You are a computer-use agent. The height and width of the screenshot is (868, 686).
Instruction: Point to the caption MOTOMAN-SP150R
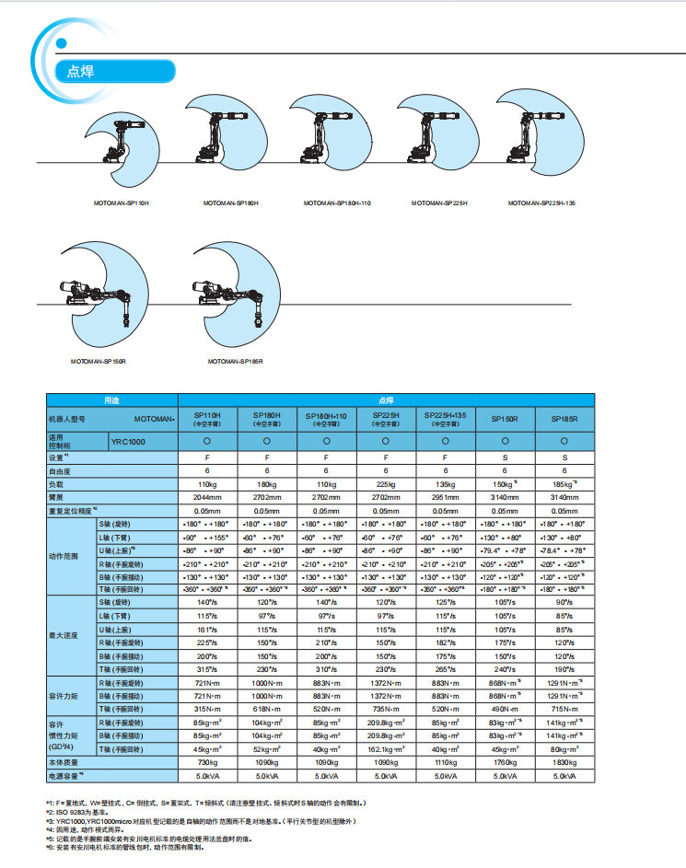pyautogui.click(x=98, y=362)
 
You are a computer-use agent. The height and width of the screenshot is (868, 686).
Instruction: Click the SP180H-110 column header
pyautogui.click(x=326, y=419)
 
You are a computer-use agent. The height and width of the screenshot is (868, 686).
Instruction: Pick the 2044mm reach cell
pyautogui.click(x=207, y=496)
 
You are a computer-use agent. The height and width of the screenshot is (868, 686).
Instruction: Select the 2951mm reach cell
pyautogui.click(x=445, y=496)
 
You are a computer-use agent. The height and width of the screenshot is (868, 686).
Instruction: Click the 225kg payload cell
pyautogui.click(x=385, y=483)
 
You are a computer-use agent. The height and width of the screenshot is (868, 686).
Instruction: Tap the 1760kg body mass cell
pyautogui.click(x=505, y=763)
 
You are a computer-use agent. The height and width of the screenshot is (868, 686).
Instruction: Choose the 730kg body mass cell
pyautogui.click(x=207, y=763)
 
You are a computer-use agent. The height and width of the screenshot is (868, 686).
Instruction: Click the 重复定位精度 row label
pyautogui.click(x=76, y=509)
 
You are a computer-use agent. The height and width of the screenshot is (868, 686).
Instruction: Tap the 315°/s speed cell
pyautogui.click(x=207, y=669)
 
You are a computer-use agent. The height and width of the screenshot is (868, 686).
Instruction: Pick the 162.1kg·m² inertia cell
pyautogui.click(x=385, y=749)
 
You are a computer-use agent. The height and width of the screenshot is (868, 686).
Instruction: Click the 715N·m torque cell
pyautogui.click(x=564, y=709)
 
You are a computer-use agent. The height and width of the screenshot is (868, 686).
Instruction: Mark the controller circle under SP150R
pyautogui.click(x=505, y=442)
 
